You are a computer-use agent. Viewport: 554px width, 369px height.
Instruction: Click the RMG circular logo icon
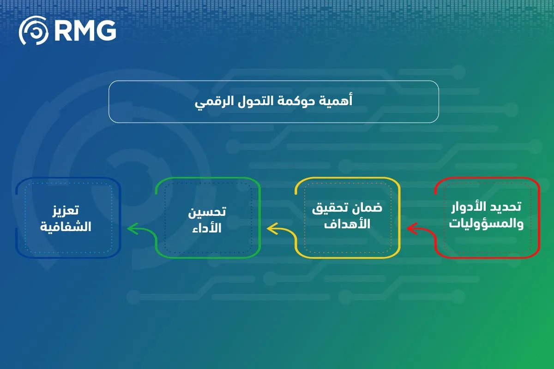click(33, 30)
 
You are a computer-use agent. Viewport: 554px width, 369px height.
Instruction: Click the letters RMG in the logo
click(85, 30)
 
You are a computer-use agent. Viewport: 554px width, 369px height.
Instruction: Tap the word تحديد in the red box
click(505, 207)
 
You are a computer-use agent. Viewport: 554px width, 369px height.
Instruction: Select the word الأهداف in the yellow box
click(348, 225)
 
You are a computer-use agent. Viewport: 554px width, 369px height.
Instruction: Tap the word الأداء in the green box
click(208, 228)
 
